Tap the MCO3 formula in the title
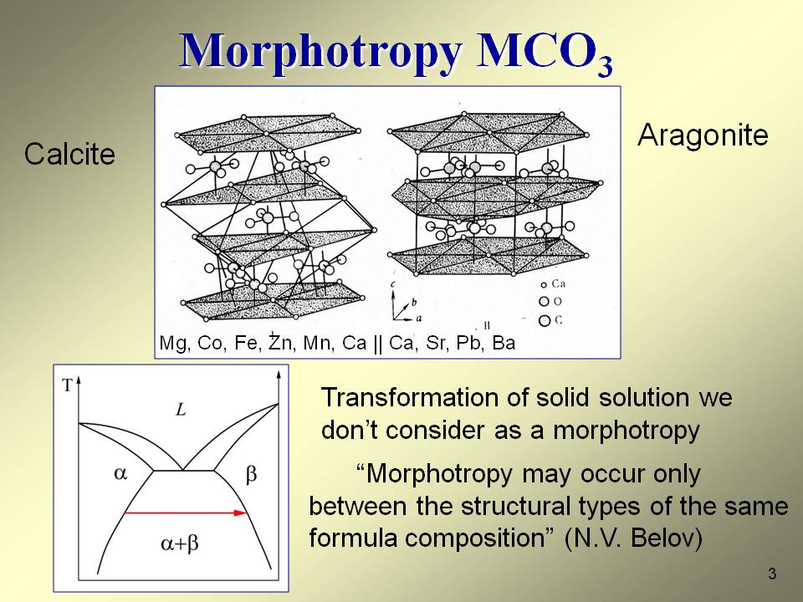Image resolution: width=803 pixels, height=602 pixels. tap(545, 54)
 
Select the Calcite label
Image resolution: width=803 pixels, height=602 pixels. tap(69, 154)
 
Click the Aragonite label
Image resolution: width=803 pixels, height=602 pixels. tap(703, 135)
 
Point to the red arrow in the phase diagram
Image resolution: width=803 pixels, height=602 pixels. tap(186, 513)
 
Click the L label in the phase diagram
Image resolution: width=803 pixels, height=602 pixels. tap(181, 410)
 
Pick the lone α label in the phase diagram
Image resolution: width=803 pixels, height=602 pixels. tap(120, 473)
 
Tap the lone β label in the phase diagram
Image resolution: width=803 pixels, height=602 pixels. tap(251, 475)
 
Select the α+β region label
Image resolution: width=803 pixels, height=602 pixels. tap(179, 543)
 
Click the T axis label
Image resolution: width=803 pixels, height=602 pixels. tap(67, 385)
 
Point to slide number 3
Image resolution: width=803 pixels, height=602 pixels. tap(772, 574)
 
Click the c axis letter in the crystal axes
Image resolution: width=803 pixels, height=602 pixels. tap(393, 284)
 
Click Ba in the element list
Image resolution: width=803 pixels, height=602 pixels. tap(504, 343)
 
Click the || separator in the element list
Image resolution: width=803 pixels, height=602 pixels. tap(378, 344)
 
